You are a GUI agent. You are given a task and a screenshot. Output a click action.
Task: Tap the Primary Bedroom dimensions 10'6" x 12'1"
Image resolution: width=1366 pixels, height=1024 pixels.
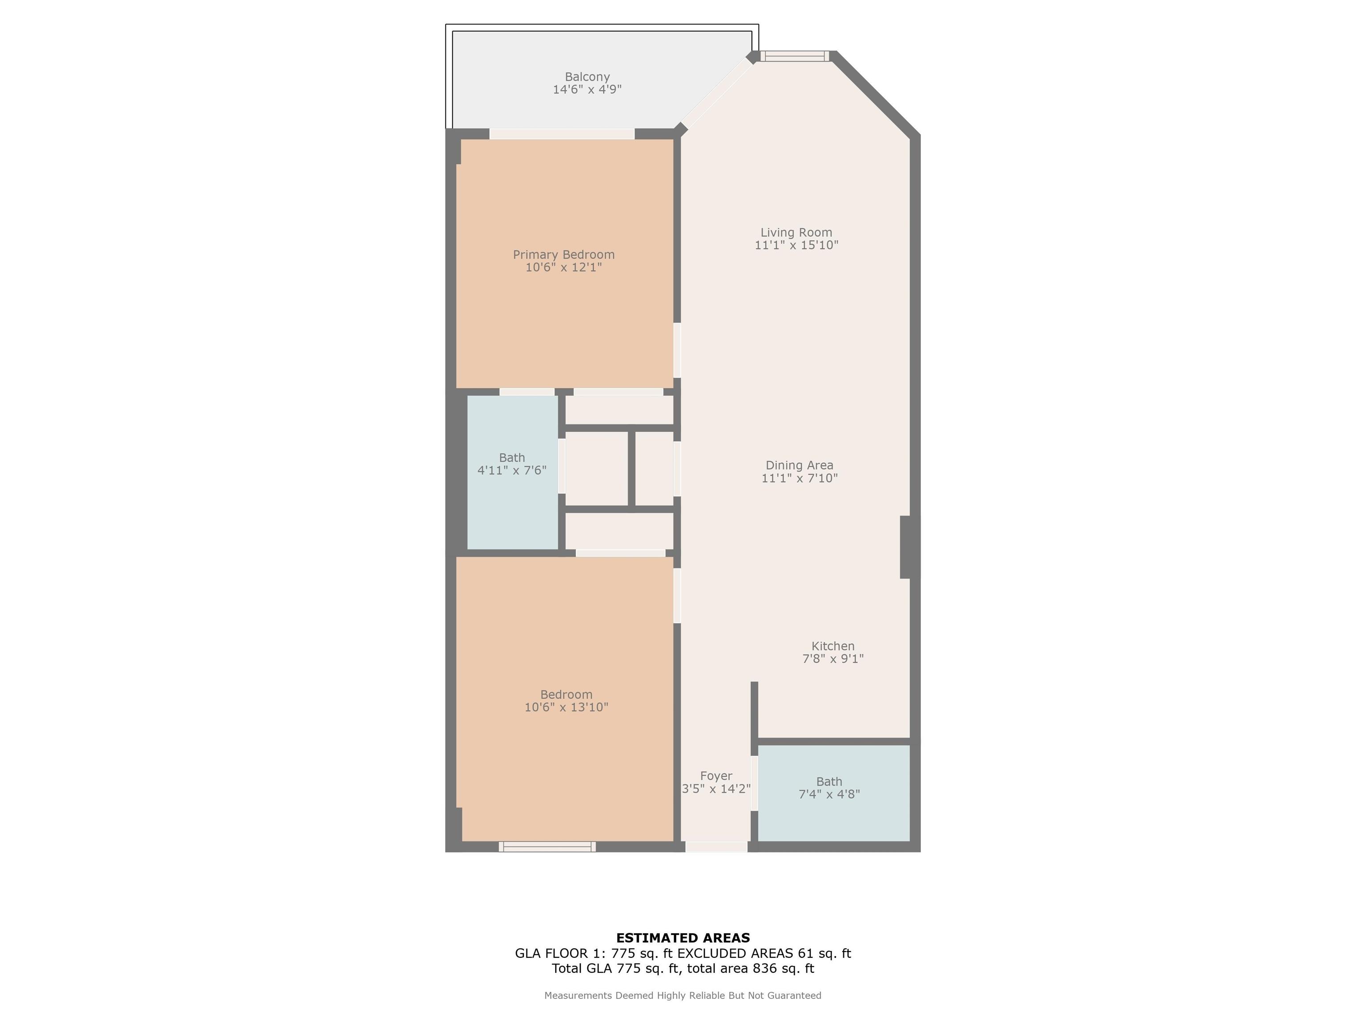tap(564, 267)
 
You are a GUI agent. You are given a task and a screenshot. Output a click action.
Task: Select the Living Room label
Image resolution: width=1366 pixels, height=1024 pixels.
tap(796, 233)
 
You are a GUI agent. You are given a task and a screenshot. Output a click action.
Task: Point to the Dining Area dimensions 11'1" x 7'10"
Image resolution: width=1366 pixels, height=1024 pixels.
tap(800, 478)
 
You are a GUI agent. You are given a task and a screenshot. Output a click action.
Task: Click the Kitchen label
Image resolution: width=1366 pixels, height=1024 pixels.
tap(833, 646)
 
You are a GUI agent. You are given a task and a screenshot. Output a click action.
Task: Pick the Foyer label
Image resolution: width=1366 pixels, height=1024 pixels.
tap(716, 776)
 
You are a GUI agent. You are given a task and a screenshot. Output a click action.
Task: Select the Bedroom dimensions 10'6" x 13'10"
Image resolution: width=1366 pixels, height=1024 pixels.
tap(566, 708)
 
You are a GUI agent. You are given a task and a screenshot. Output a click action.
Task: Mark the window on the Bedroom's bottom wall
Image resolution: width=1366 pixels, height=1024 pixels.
tap(547, 847)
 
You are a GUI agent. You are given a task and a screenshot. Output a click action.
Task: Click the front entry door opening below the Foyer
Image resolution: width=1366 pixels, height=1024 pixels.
tap(716, 847)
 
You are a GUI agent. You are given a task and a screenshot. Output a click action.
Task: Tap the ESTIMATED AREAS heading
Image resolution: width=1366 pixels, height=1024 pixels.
tap(683, 938)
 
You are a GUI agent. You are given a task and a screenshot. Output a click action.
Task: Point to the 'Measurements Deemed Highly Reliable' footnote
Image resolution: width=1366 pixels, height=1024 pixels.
tap(683, 995)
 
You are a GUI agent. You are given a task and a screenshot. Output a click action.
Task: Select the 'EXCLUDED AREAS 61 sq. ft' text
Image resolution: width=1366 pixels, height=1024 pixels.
tap(764, 953)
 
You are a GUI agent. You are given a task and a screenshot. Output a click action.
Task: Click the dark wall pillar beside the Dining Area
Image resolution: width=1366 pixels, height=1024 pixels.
tap(910, 547)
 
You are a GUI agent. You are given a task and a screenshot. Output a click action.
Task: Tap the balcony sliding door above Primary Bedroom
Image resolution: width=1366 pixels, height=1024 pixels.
tap(562, 134)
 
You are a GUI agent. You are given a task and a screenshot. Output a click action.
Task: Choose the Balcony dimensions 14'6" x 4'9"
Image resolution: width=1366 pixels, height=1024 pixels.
tap(587, 89)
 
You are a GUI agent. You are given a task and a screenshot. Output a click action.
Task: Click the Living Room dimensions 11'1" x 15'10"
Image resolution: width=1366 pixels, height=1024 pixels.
tap(797, 245)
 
